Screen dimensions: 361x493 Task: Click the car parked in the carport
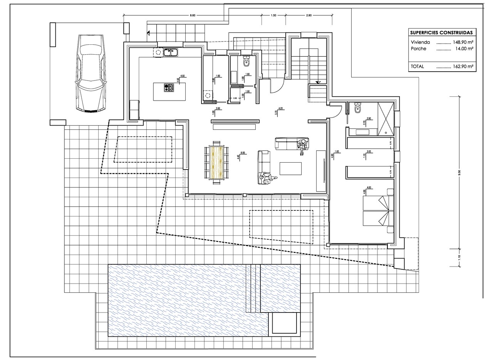[90, 74]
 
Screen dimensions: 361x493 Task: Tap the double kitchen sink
[170, 52]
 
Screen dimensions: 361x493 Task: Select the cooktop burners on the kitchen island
[169, 88]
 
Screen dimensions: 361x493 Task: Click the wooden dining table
[217, 162]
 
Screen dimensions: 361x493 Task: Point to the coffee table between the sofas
[290, 168]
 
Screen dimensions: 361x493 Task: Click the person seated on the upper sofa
[302, 146]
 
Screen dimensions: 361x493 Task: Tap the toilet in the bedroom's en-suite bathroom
[357, 109]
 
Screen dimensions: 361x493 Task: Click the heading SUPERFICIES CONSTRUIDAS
[441, 33]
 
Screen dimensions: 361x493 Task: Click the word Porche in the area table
[418, 49]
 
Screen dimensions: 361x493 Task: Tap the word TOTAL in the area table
[417, 66]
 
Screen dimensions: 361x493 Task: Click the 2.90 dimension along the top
[309, 15]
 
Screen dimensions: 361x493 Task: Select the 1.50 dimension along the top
[273, 15]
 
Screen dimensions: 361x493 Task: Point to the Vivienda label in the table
[420, 42]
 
